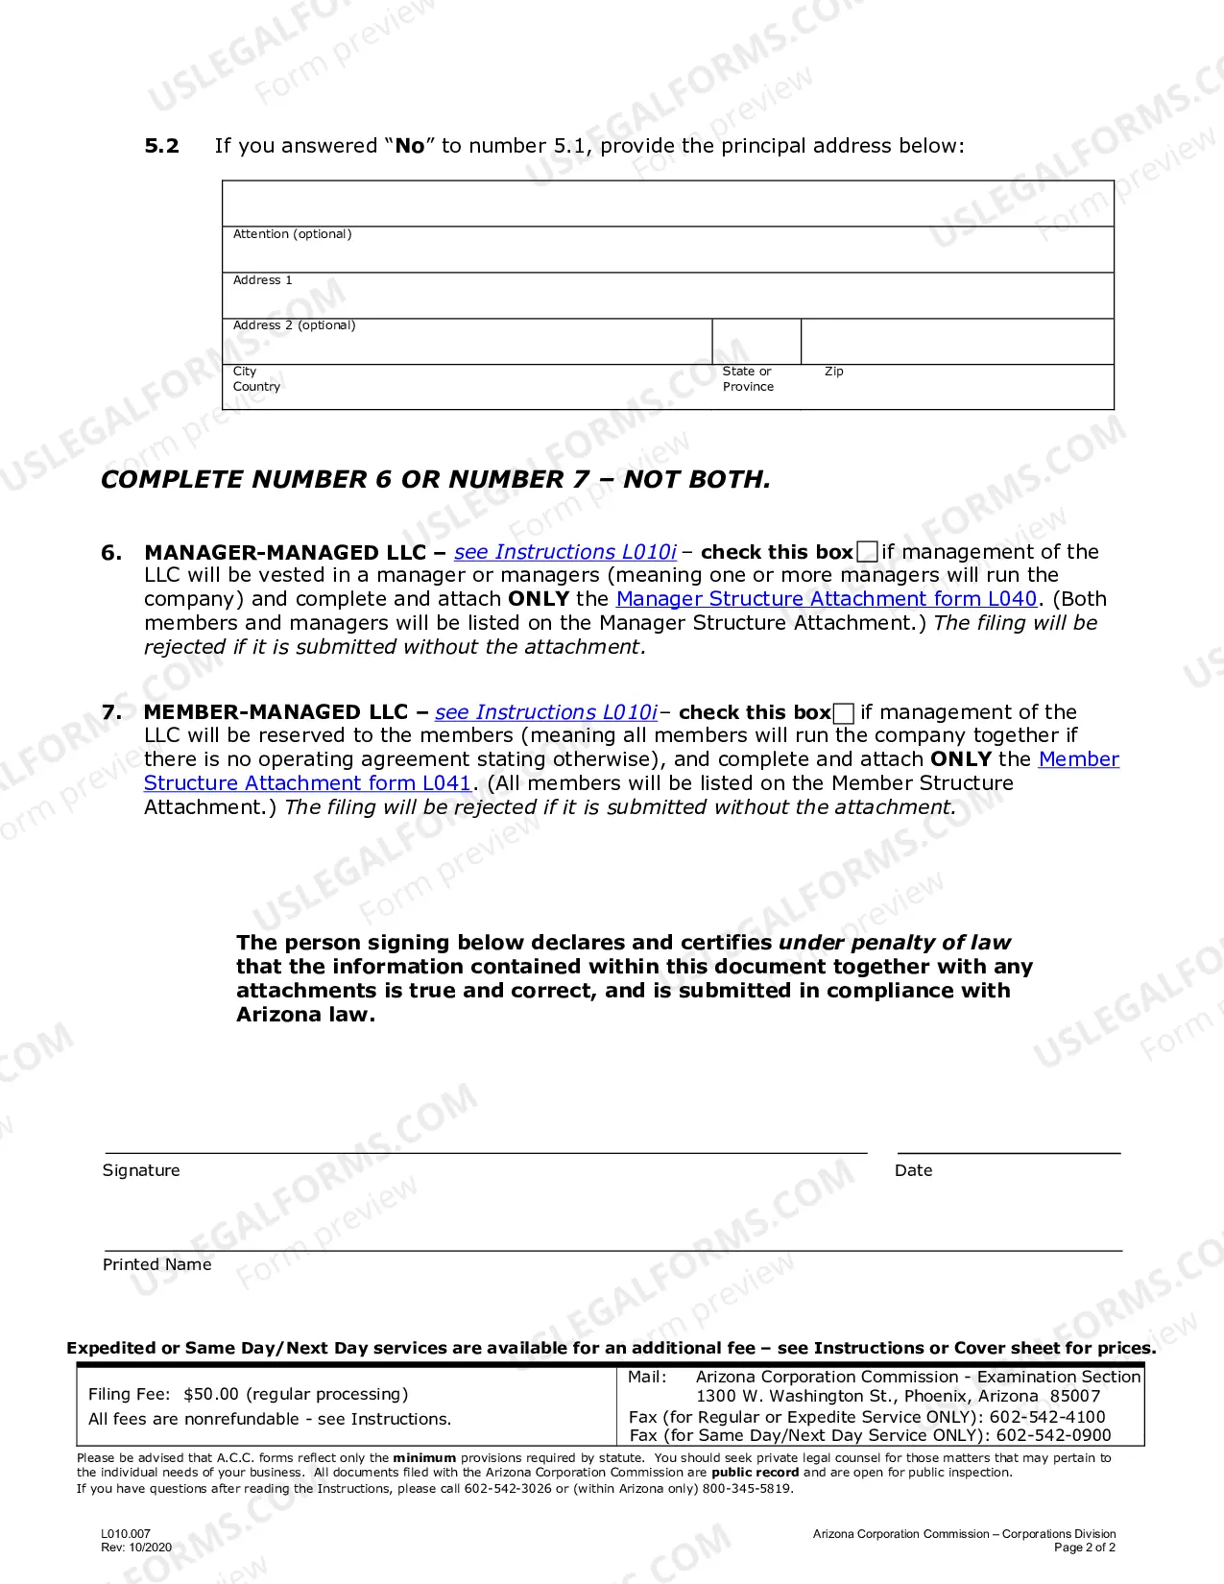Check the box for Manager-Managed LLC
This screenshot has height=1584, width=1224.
click(x=867, y=552)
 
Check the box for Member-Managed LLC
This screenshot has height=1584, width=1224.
click(x=844, y=713)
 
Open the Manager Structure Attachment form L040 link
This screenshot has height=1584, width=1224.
click(x=826, y=599)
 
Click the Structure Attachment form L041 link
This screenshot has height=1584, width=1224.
click(x=307, y=783)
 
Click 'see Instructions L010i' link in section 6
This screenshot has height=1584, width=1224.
click(x=564, y=552)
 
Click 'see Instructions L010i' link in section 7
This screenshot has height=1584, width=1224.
click(x=545, y=712)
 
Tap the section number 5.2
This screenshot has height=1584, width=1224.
click(x=161, y=146)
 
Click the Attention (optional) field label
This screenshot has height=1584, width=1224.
click(x=292, y=234)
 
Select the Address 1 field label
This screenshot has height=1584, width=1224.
click(x=262, y=280)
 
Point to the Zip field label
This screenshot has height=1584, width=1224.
click(x=833, y=372)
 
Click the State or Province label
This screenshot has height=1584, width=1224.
click(x=748, y=379)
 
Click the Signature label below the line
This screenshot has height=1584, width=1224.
click(x=141, y=1170)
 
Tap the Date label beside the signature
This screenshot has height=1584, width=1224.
click(x=913, y=1170)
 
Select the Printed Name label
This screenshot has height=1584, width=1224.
click(x=156, y=1264)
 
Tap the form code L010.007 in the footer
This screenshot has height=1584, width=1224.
click(x=126, y=1534)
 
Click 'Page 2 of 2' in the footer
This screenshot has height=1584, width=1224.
click(x=1084, y=1548)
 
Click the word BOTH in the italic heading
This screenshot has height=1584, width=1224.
click(x=730, y=480)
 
